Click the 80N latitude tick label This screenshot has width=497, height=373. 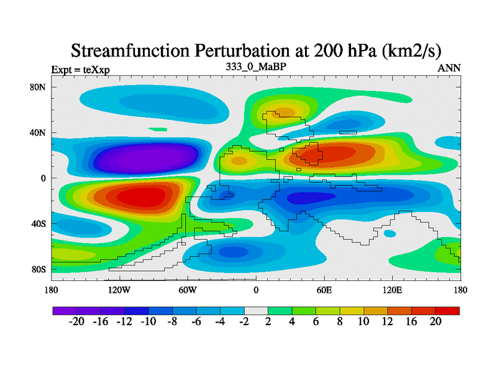[39, 87]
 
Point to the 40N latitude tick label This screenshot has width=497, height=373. [39, 132]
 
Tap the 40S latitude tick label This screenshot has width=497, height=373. [39, 224]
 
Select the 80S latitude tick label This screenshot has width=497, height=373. [39, 269]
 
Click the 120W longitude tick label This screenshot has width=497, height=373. [119, 290]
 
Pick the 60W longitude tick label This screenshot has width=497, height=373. [188, 290]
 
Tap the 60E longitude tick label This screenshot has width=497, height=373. [324, 290]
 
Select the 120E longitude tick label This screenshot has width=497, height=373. [392, 290]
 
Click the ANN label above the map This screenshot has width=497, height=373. [449, 68]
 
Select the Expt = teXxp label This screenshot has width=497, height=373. [80, 70]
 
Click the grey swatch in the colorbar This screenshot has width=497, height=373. [256, 311]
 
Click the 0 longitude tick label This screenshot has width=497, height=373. [256, 290]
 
